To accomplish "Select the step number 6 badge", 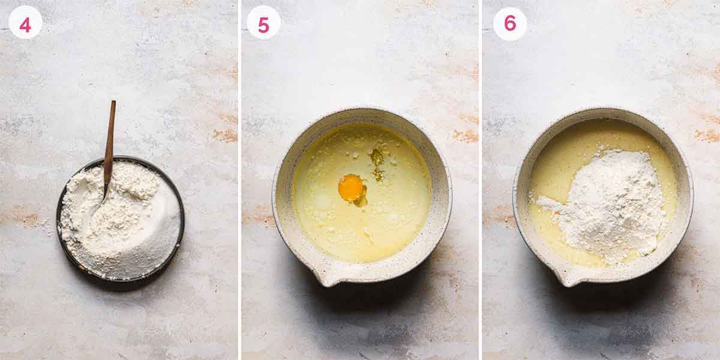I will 509,23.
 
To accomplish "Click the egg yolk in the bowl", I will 351,187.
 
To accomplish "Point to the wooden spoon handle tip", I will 113,103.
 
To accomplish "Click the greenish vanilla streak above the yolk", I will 377,159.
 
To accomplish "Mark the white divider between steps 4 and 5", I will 239,180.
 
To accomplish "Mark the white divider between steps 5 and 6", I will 481,180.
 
